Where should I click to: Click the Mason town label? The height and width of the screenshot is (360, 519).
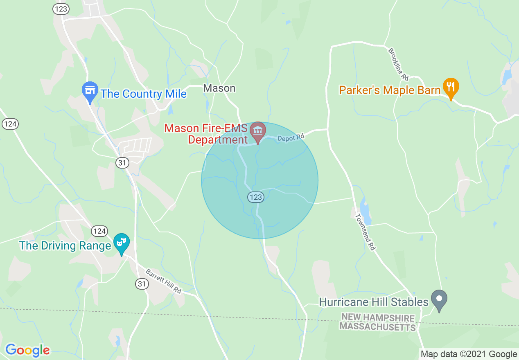(219, 88)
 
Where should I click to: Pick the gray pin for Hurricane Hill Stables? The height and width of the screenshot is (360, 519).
(439, 300)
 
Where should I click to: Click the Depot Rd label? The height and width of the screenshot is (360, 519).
(291, 138)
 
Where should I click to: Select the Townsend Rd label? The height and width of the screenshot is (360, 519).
(366, 232)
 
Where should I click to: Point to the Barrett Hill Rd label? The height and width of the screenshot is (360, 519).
(163, 281)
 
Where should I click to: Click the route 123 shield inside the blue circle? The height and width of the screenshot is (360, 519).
(255, 197)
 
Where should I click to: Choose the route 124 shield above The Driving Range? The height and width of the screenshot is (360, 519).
(99, 231)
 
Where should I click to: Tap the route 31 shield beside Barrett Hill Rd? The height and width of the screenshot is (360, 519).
(142, 284)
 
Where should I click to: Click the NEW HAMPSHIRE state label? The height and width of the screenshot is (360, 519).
(378, 317)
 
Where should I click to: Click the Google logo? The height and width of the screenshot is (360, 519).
(27, 350)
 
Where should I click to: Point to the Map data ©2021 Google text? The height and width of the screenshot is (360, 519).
(469, 354)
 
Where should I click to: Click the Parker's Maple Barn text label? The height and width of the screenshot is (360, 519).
(390, 90)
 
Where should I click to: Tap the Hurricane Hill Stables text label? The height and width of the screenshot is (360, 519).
(373, 302)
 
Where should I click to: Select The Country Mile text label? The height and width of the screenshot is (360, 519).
(143, 94)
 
